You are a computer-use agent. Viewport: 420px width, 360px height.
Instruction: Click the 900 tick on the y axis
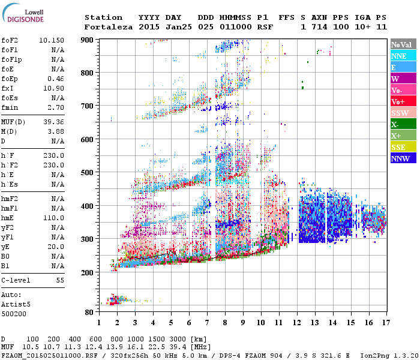click(x=88, y=40)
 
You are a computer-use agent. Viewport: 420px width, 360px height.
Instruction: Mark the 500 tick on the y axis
click(x=88, y=173)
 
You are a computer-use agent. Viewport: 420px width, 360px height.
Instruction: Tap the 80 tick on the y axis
click(x=89, y=313)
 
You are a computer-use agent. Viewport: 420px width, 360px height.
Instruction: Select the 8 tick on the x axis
click(x=225, y=323)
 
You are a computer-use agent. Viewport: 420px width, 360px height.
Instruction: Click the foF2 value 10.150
click(x=52, y=40)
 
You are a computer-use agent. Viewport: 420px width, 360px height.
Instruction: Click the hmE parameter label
click(x=8, y=218)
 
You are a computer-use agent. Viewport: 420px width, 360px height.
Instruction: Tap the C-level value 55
click(x=60, y=280)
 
